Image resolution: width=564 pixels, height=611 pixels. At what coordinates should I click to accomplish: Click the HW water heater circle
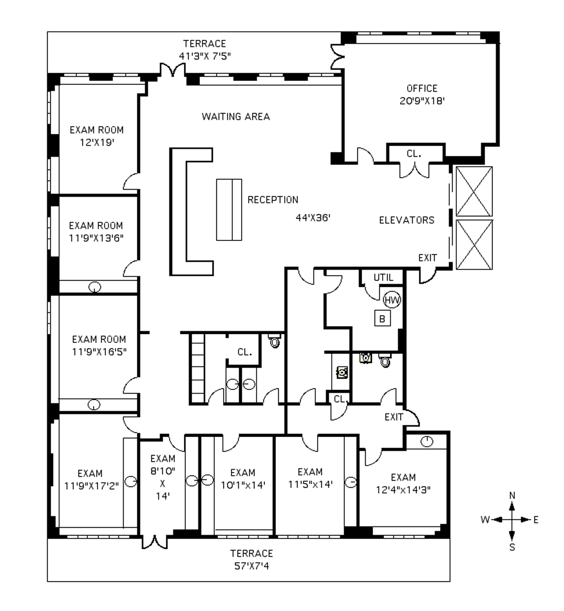(392, 300)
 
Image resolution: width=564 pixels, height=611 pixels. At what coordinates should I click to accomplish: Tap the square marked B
(382, 318)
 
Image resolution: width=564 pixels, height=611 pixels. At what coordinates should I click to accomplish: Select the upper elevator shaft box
(474, 191)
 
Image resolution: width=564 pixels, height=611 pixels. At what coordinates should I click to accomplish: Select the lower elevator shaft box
(474, 245)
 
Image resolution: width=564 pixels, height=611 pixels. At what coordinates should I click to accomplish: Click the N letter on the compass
(512, 495)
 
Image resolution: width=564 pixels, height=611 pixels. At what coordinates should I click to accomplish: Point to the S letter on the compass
(512, 547)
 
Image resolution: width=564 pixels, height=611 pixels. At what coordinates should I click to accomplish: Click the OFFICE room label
(422, 88)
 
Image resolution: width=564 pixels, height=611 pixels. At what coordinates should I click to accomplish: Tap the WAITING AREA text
(236, 117)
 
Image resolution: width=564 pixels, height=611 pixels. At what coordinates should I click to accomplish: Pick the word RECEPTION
(273, 200)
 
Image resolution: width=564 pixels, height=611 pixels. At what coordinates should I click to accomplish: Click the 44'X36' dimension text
(313, 218)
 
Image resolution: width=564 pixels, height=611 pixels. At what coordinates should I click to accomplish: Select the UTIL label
(383, 277)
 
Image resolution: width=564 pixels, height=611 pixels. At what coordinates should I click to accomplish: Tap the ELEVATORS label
(406, 220)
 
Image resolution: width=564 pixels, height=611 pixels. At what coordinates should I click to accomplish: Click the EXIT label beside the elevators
(428, 258)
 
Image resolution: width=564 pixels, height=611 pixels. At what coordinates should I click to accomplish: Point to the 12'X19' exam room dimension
(97, 143)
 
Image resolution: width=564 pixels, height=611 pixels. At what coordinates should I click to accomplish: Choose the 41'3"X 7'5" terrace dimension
(205, 56)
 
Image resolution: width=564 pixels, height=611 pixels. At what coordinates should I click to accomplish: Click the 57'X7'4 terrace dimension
(252, 566)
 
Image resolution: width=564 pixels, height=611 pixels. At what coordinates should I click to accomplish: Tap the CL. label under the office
(414, 154)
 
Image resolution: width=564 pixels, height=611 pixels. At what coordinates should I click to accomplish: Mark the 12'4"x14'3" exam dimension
(403, 490)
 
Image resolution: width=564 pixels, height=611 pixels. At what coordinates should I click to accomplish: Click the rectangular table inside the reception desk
(229, 210)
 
